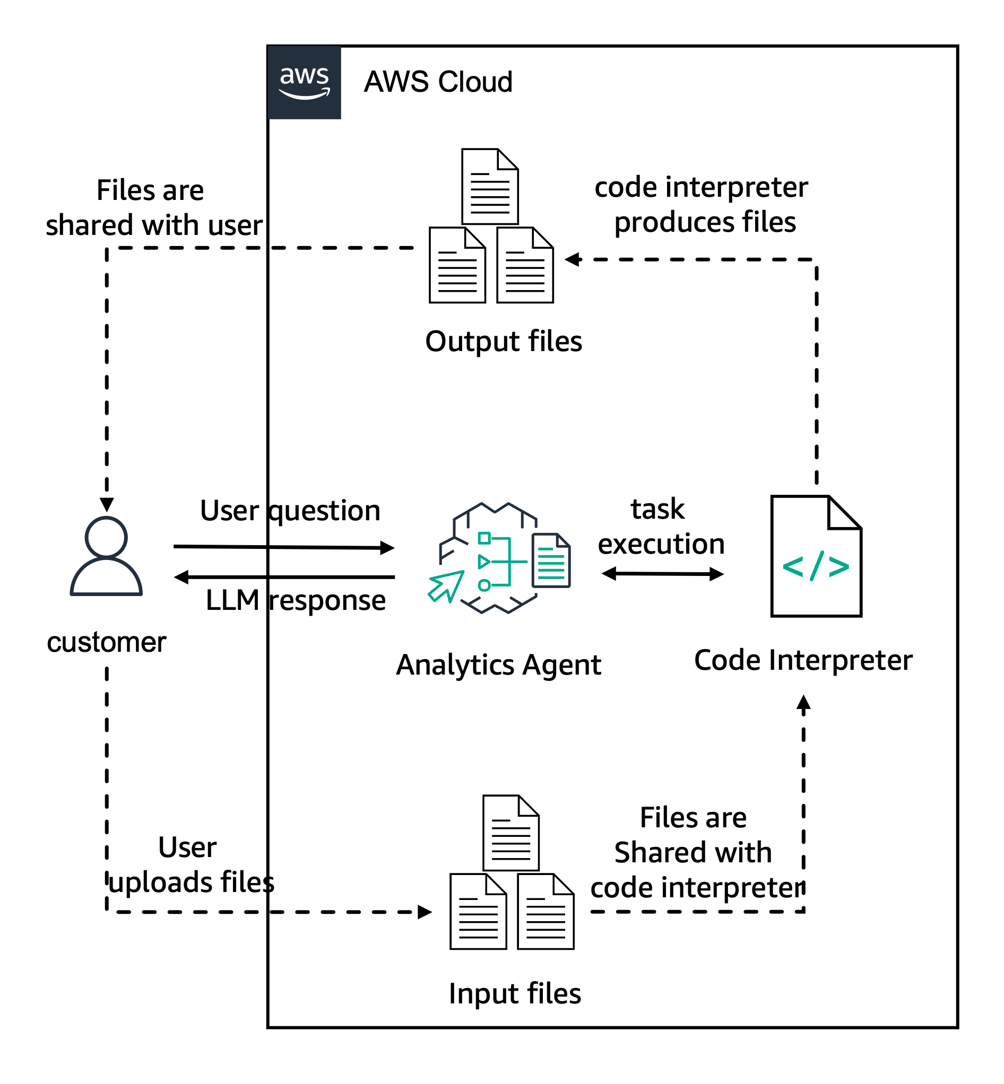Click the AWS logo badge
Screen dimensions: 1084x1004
coord(304,82)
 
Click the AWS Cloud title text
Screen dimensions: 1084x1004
coord(438,82)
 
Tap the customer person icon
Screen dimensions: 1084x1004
coord(106,556)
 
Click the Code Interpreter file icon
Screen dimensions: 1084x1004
coord(816,556)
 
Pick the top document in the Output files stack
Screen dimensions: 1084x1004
coord(489,186)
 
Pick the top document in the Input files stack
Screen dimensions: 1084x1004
coord(510,833)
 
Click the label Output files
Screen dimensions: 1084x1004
coord(503,342)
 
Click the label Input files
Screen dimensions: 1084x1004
coord(515,993)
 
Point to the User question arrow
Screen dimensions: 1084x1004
coord(282,547)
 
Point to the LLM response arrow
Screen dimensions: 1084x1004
coord(282,577)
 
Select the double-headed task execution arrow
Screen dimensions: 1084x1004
coord(662,574)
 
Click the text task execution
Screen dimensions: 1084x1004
coord(660,527)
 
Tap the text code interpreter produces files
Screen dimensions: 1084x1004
coord(702,205)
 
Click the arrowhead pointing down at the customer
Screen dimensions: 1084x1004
coord(107,504)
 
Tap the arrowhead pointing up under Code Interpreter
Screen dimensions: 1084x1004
coord(803,702)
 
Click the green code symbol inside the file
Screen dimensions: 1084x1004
coord(816,566)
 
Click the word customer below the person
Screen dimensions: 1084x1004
coord(107,642)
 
